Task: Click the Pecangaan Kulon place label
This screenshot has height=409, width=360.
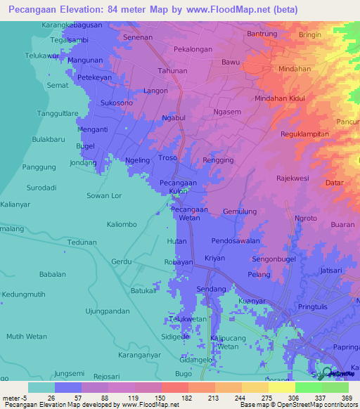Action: click(x=173, y=186)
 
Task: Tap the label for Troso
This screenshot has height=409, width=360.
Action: click(x=168, y=159)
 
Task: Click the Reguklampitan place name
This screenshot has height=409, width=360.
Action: click(x=304, y=134)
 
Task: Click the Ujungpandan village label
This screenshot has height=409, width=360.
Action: click(x=108, y=311)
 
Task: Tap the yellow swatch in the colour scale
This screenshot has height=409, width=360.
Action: click(x=281, y=387)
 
